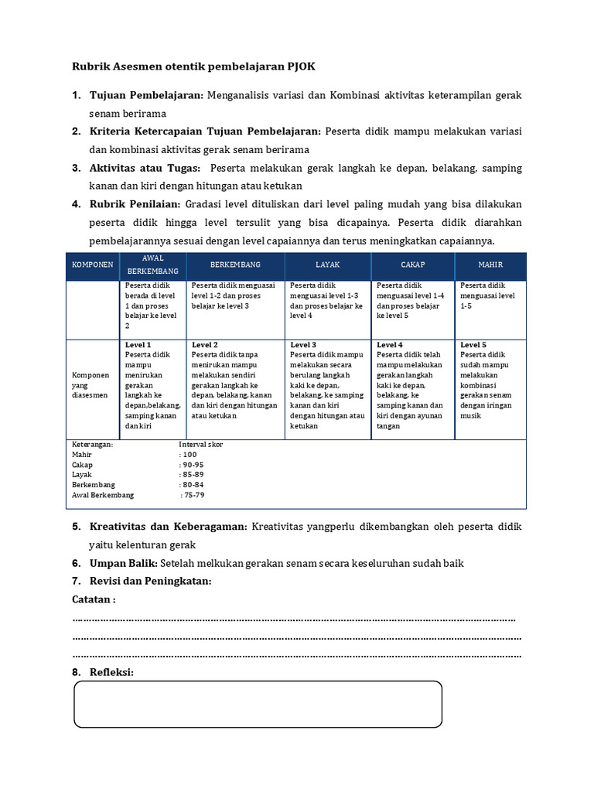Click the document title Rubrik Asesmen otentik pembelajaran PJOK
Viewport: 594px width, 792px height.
[193, 67]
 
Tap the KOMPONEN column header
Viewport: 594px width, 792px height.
[93, 265]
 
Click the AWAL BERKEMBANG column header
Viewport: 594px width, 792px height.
[153, 265]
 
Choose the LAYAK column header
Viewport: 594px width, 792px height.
[327, 265]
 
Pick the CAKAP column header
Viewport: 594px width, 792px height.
[412, 265]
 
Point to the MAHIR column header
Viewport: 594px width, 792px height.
[490, 265]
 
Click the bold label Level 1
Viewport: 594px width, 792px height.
[138, 345]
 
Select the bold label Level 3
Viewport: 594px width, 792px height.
[303, 345]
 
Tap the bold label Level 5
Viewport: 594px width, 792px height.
[473, 345]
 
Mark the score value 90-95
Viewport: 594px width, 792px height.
[193, 465]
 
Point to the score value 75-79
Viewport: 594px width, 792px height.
[194, 495]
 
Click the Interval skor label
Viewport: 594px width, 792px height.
[201, 445]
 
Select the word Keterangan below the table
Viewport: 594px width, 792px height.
[92, 445]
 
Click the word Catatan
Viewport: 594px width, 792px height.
[94, 599]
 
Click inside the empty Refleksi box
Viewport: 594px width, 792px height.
[258, 704]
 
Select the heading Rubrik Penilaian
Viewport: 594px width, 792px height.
[135, 205]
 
